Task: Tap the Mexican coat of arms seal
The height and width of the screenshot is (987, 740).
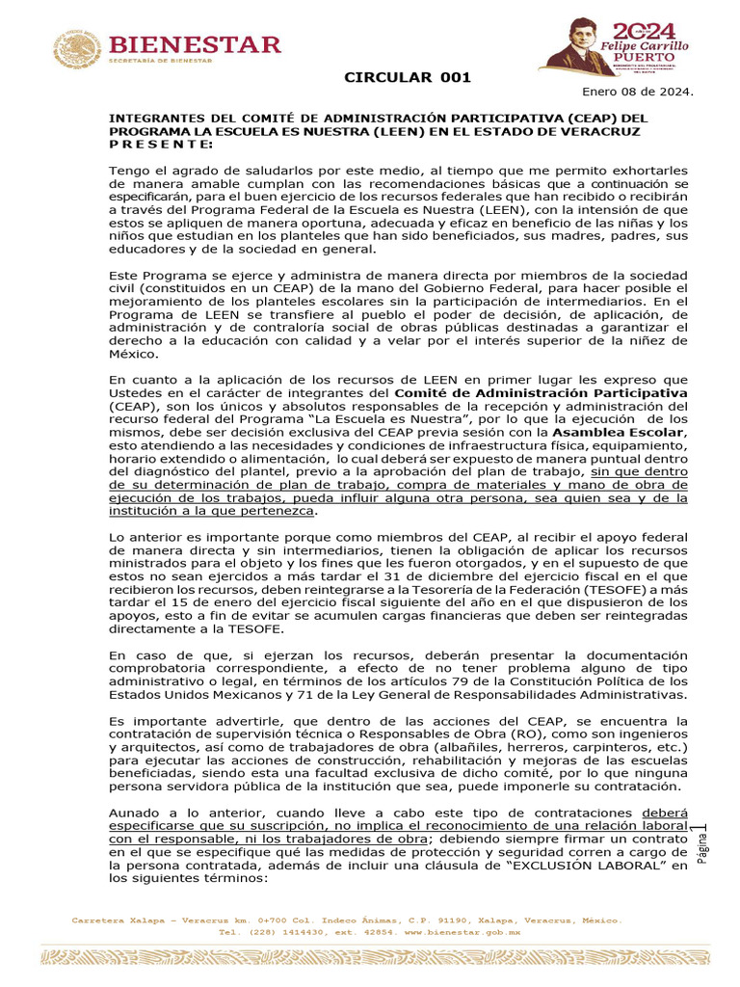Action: [x=77, y=49]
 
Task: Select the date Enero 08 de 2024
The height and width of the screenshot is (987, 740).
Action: [x=637, y=92]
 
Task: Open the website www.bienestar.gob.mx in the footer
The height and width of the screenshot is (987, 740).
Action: [x=462, y=933]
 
